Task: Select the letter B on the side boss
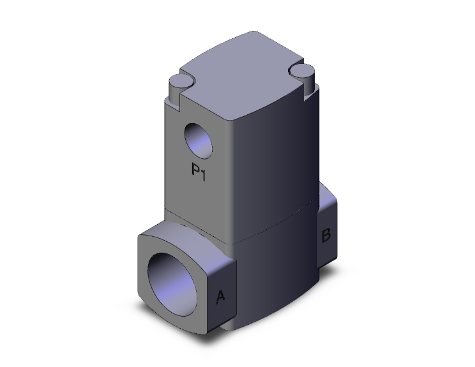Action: coord(325,236)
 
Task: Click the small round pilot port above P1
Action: coord(199,140)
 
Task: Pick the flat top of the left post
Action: coord(178,81)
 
